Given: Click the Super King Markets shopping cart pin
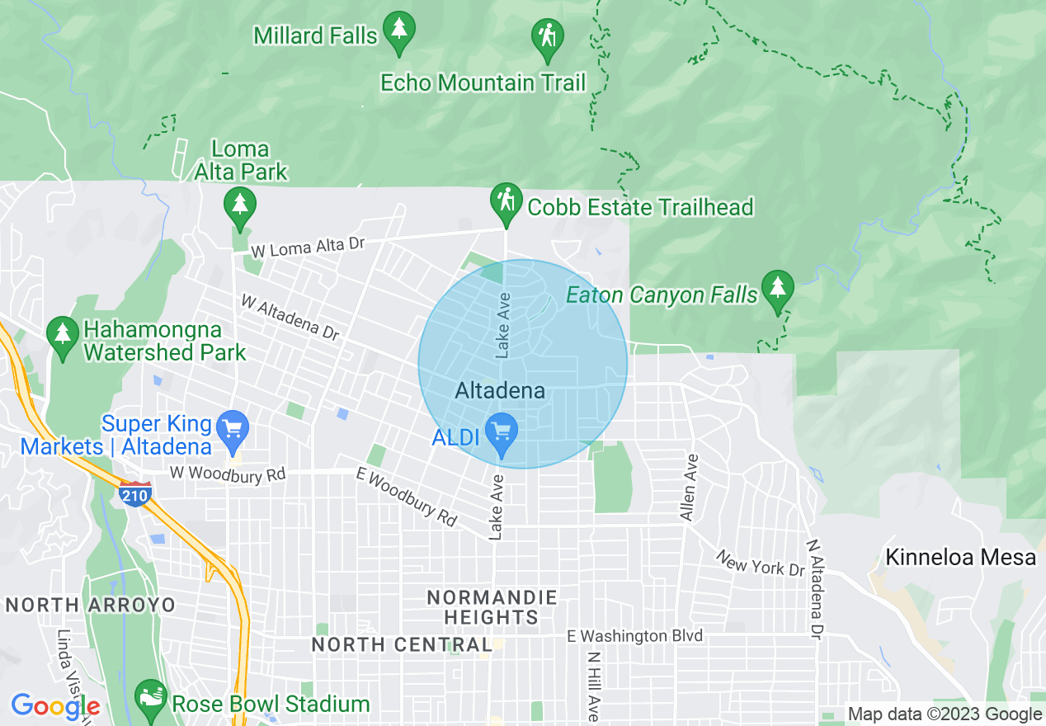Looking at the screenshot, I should pos(233,431).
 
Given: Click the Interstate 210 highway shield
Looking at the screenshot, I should pos(134,493).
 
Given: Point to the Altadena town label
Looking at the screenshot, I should pos(500,390).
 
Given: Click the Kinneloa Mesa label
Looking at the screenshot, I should pos(960,557).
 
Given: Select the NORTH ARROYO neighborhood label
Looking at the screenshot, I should pos(91,605).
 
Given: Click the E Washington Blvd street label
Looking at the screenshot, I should pos(634,636).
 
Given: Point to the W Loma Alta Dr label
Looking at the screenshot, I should pos(308,247).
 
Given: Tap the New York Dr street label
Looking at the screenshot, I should pos(760,564).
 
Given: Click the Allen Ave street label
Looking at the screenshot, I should pos(688,487).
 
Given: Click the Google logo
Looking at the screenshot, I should pos(55,706).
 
